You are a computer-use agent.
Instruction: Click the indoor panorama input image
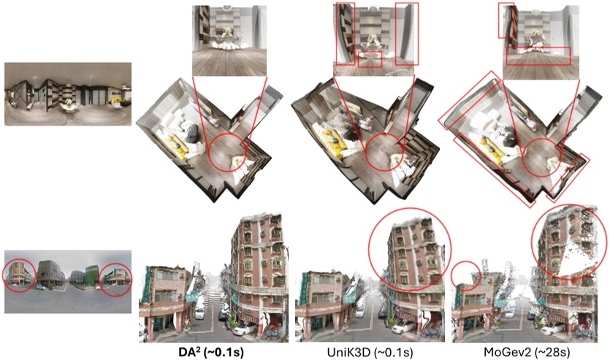68,93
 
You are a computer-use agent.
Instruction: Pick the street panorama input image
68,282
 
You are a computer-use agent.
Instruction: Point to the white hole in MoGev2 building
578,258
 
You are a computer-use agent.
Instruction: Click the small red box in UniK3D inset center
370,59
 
